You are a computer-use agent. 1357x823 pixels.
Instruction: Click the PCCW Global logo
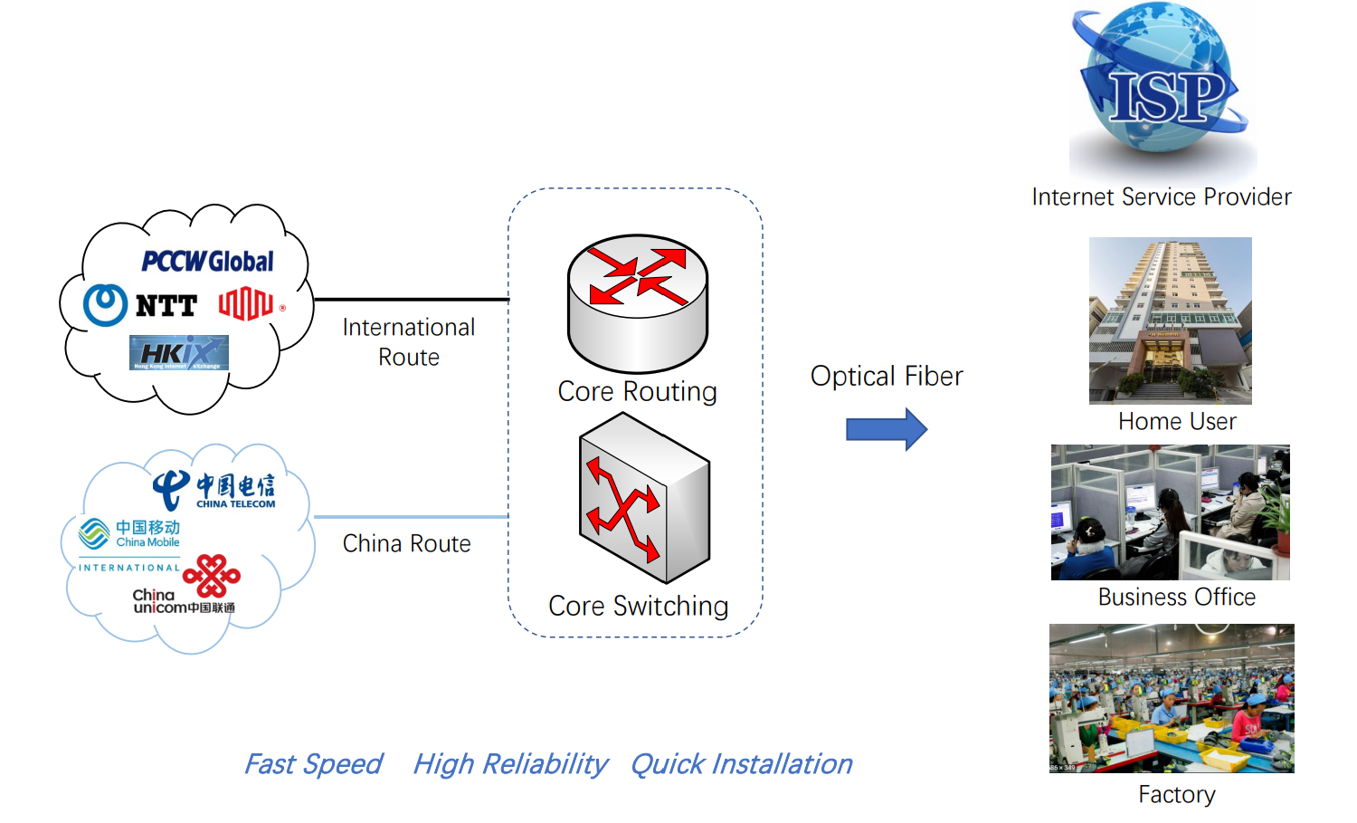(207, 262)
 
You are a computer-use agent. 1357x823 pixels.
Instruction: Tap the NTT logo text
(166, 306)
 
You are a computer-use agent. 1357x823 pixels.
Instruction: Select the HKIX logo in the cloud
(179, 353)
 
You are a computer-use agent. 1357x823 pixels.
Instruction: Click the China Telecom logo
(215, 490)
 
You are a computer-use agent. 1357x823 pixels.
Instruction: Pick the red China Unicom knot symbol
(212, 576)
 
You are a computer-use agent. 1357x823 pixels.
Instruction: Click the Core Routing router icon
(638, 303)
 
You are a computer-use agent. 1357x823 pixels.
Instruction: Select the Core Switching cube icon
(644, 498)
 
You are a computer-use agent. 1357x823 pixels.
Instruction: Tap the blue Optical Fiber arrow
(886, 429)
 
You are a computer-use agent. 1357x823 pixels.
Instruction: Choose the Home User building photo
(1170, 321)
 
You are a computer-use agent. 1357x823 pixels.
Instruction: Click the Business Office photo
(1170, 512)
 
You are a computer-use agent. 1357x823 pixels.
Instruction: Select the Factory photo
(1172, 698)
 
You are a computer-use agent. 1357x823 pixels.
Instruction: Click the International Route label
(409, 341)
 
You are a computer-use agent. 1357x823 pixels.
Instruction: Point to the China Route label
(406, 543)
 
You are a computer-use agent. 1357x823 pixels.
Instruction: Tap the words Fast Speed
(313, 764)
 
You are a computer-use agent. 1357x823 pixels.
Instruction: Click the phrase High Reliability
(509, 764)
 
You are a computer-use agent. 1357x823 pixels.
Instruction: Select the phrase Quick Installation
(741, 764)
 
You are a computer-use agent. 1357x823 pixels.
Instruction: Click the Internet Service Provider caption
(1162, 196)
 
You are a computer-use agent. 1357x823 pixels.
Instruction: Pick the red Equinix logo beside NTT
(246, 304)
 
